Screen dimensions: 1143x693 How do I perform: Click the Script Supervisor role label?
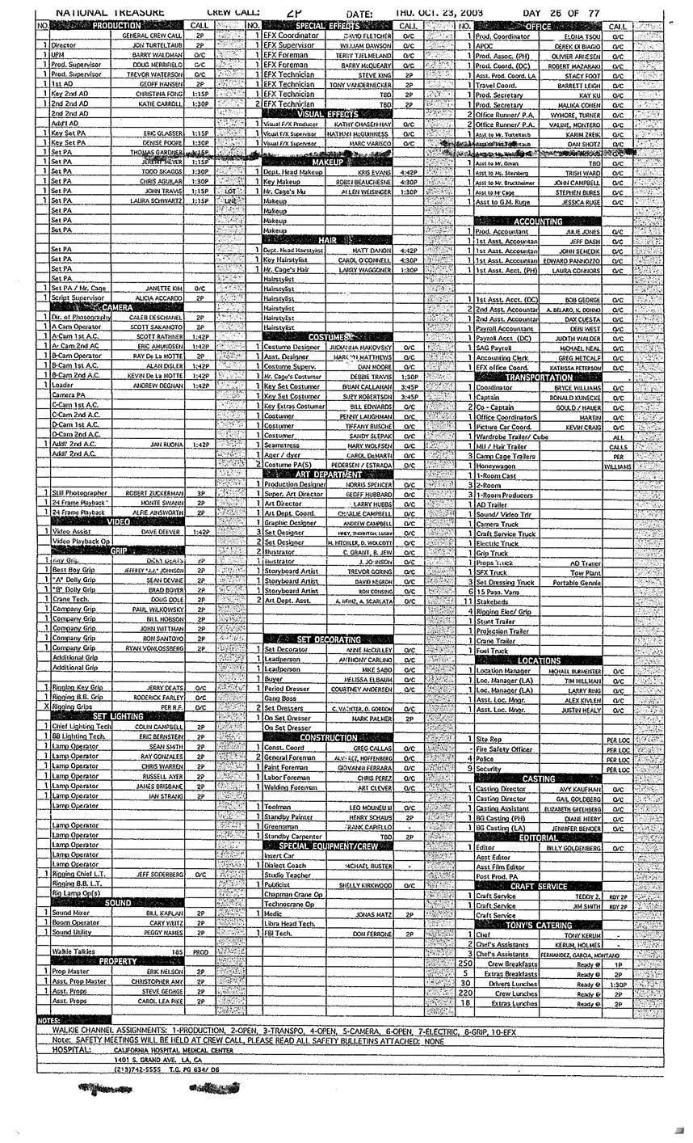coord(78,297)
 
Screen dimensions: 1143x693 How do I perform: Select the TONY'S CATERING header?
coord(538,924)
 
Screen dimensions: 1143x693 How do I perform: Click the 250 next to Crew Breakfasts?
coord(464,964)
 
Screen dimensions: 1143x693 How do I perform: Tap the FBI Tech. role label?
coord(278,933)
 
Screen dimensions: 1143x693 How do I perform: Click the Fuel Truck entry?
coord(492,651)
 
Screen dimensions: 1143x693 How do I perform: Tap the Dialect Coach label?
coord(283,866)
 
